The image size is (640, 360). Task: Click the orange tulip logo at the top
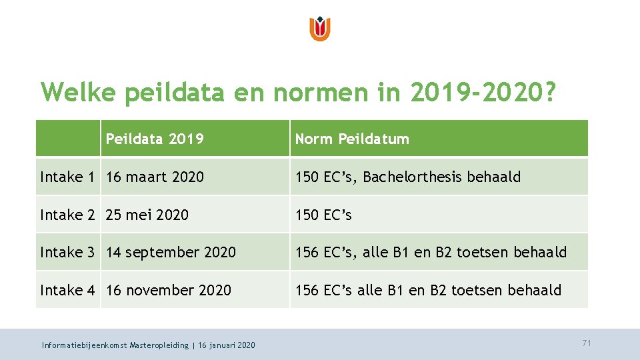pyautogui.click(x=320, y=29)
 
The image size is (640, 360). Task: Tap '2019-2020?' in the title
pyautogui.click(x=483, y=92)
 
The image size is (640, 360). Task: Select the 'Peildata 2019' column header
pyautogui.click(x=155, y=139)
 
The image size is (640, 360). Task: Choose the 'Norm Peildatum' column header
pyautogui.click(x=352, y=139)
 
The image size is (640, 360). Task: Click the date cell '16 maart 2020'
pyautogui.click(x=155, y=177)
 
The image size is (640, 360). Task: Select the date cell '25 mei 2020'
pyautogui.click(x=147, y=215)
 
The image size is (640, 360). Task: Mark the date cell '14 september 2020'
pyautogui.click(x=171, y=252)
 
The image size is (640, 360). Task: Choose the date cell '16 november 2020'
pyautogui.click(x=169, y=290)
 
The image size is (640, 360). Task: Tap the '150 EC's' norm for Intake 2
pyautogui.click(x=323, y=215)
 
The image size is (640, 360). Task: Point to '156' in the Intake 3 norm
pyautogui.click(x=307, y=252)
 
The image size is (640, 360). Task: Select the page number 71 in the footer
pyautogui.click(x=587, y=343)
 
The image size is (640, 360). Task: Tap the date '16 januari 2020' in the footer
pyautogui.click(x=226, y=345)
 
